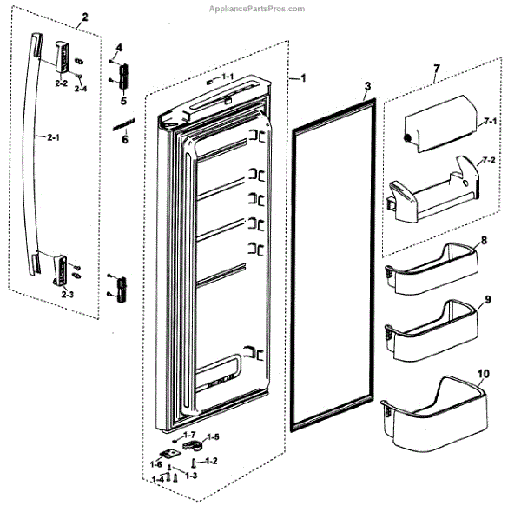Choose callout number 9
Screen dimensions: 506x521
click(488, 299)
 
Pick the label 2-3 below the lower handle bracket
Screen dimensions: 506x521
click(67, 295)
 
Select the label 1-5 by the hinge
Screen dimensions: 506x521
click(213, 436)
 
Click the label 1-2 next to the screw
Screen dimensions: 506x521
click(210, 460)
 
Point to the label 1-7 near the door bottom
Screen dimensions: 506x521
click(190, 433)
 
